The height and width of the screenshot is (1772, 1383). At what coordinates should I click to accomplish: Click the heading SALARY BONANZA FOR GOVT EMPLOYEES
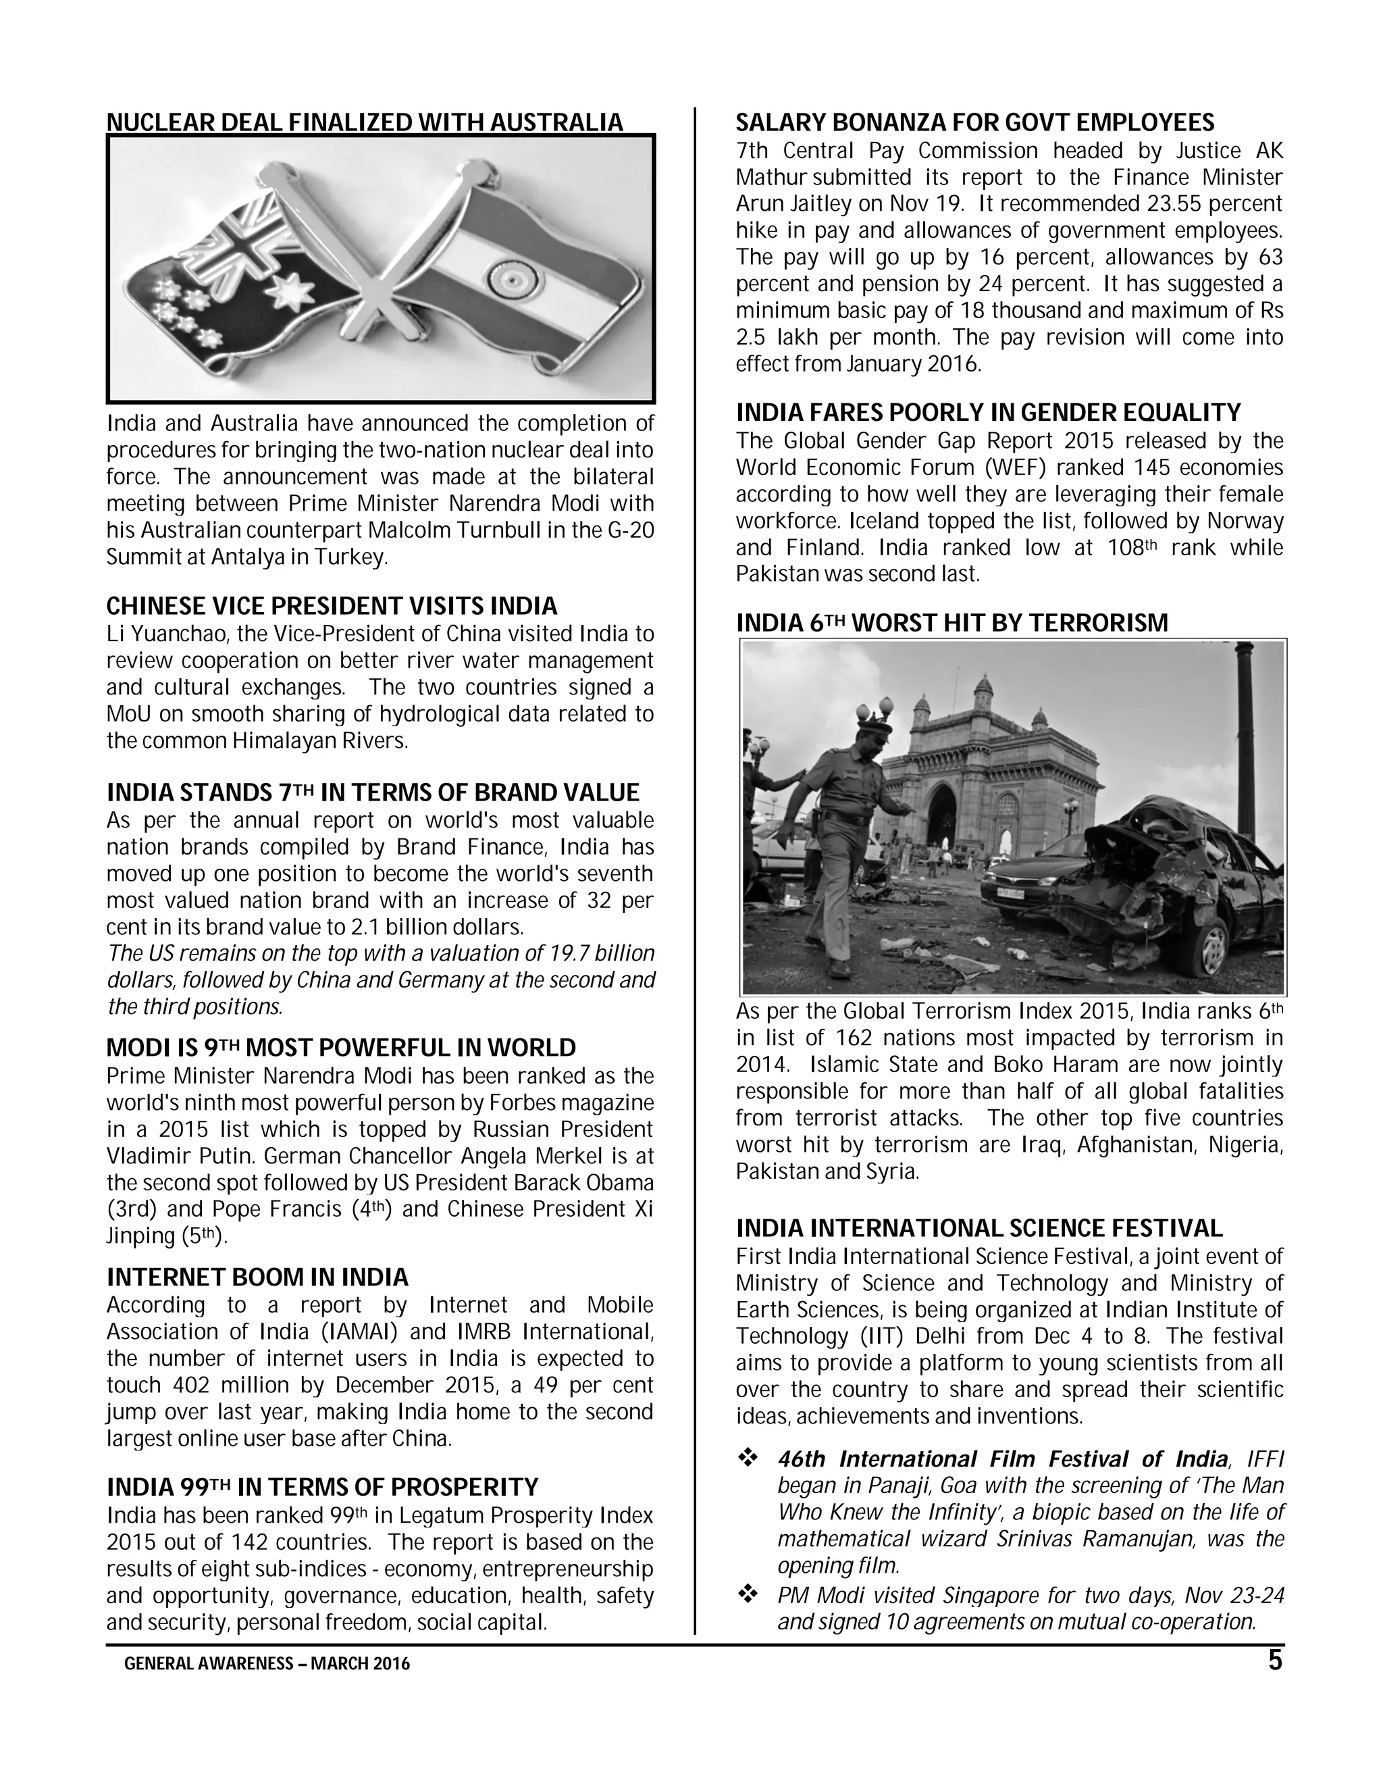975,122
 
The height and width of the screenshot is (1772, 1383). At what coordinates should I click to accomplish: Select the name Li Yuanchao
165,634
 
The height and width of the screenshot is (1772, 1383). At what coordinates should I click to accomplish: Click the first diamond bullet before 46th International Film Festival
746,1459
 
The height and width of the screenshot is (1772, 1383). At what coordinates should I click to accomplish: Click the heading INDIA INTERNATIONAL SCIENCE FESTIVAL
979,1228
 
